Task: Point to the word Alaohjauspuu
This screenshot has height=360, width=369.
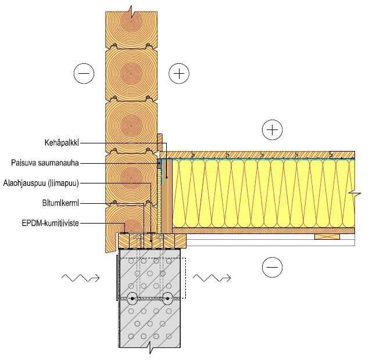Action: point(24,183)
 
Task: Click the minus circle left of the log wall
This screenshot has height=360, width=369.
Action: point(84,73)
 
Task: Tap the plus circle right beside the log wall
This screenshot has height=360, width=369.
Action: point(179,73)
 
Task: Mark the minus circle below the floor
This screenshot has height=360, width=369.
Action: point(271,267)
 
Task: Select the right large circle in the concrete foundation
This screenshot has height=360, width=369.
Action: point(167,300)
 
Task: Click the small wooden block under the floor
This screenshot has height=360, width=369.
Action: point(327,236)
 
